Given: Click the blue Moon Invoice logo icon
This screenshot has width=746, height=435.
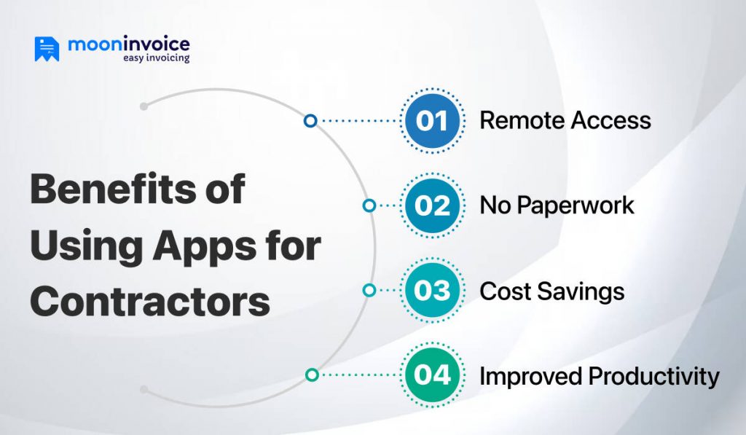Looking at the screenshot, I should [x=47, y=48].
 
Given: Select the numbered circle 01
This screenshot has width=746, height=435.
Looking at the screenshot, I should [x=432, y=120].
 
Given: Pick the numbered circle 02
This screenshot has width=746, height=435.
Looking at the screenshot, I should [x=432, y=205].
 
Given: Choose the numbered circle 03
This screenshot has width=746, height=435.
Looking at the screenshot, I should [x=432, y=291].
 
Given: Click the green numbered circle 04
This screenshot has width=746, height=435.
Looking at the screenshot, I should [x=432, y=375].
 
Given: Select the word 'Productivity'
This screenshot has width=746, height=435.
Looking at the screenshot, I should [x=654, y=377].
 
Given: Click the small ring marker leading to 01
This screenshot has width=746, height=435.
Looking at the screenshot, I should [x=310, y=120].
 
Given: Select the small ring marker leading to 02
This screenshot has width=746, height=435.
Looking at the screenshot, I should [x=369, y=205].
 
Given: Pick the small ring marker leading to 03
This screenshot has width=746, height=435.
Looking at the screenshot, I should [x=369, y=291].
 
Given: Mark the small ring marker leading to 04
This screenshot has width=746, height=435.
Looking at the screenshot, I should [x=312, y=375].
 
